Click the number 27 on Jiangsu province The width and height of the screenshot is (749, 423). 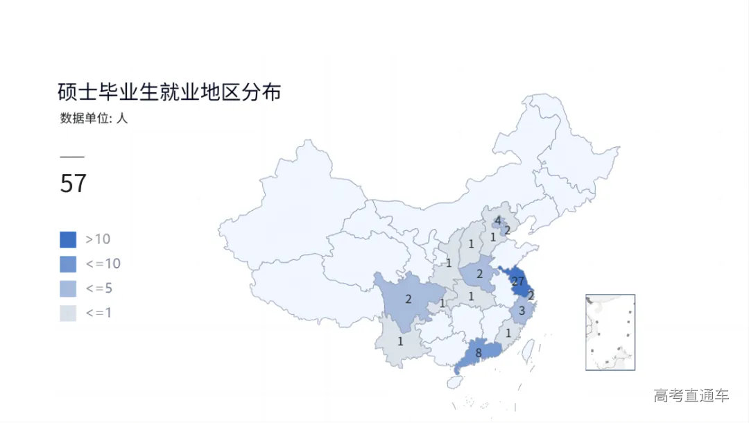pos(517,282)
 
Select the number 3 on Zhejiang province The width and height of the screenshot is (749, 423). pos(522,311)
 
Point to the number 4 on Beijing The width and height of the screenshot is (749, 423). pos(497,221)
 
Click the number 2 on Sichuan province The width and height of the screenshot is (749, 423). pos(408,300)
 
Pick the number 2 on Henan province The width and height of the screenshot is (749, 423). pos(479,274)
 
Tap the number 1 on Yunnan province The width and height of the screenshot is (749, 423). pos(400,341)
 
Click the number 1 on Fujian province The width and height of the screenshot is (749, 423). pos(508,333)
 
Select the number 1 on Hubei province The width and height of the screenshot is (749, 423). pos(471,297)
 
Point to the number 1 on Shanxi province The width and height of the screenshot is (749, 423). pos(471,244)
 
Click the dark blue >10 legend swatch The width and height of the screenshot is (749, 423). pos(68,239)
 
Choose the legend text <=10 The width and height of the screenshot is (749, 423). pos(103,264)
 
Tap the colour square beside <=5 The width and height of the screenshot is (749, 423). pos(68,288)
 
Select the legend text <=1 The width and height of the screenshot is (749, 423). pos(98,313)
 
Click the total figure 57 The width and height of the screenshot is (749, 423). pos(74,184)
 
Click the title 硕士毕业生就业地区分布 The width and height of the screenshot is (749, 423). pos(169,92)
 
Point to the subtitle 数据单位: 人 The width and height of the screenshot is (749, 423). pos(94,118)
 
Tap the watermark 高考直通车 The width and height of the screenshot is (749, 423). pos(691,396)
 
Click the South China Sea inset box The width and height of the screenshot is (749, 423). pos(610,332)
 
